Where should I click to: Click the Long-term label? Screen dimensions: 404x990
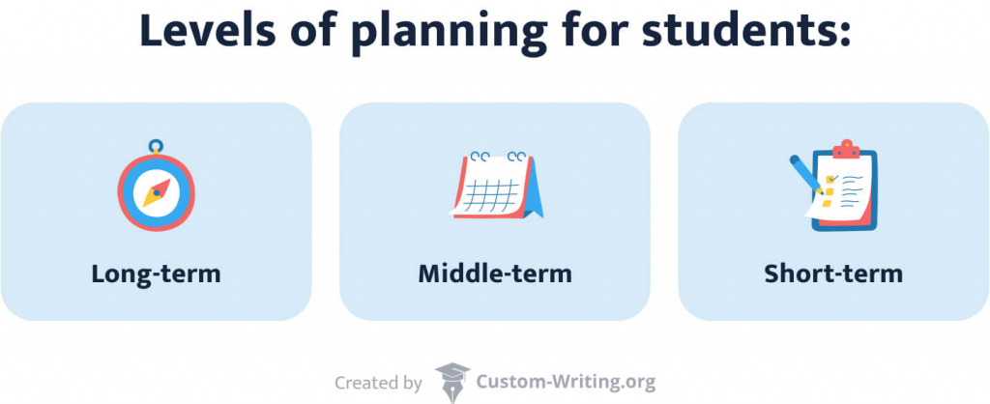coord(156,274)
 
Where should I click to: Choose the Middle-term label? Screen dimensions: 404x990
coord(495,274)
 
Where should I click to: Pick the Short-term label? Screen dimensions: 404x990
coord(833,274)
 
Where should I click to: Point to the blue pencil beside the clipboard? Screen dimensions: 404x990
coord(805,174)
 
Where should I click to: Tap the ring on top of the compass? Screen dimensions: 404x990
coord(156,147)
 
